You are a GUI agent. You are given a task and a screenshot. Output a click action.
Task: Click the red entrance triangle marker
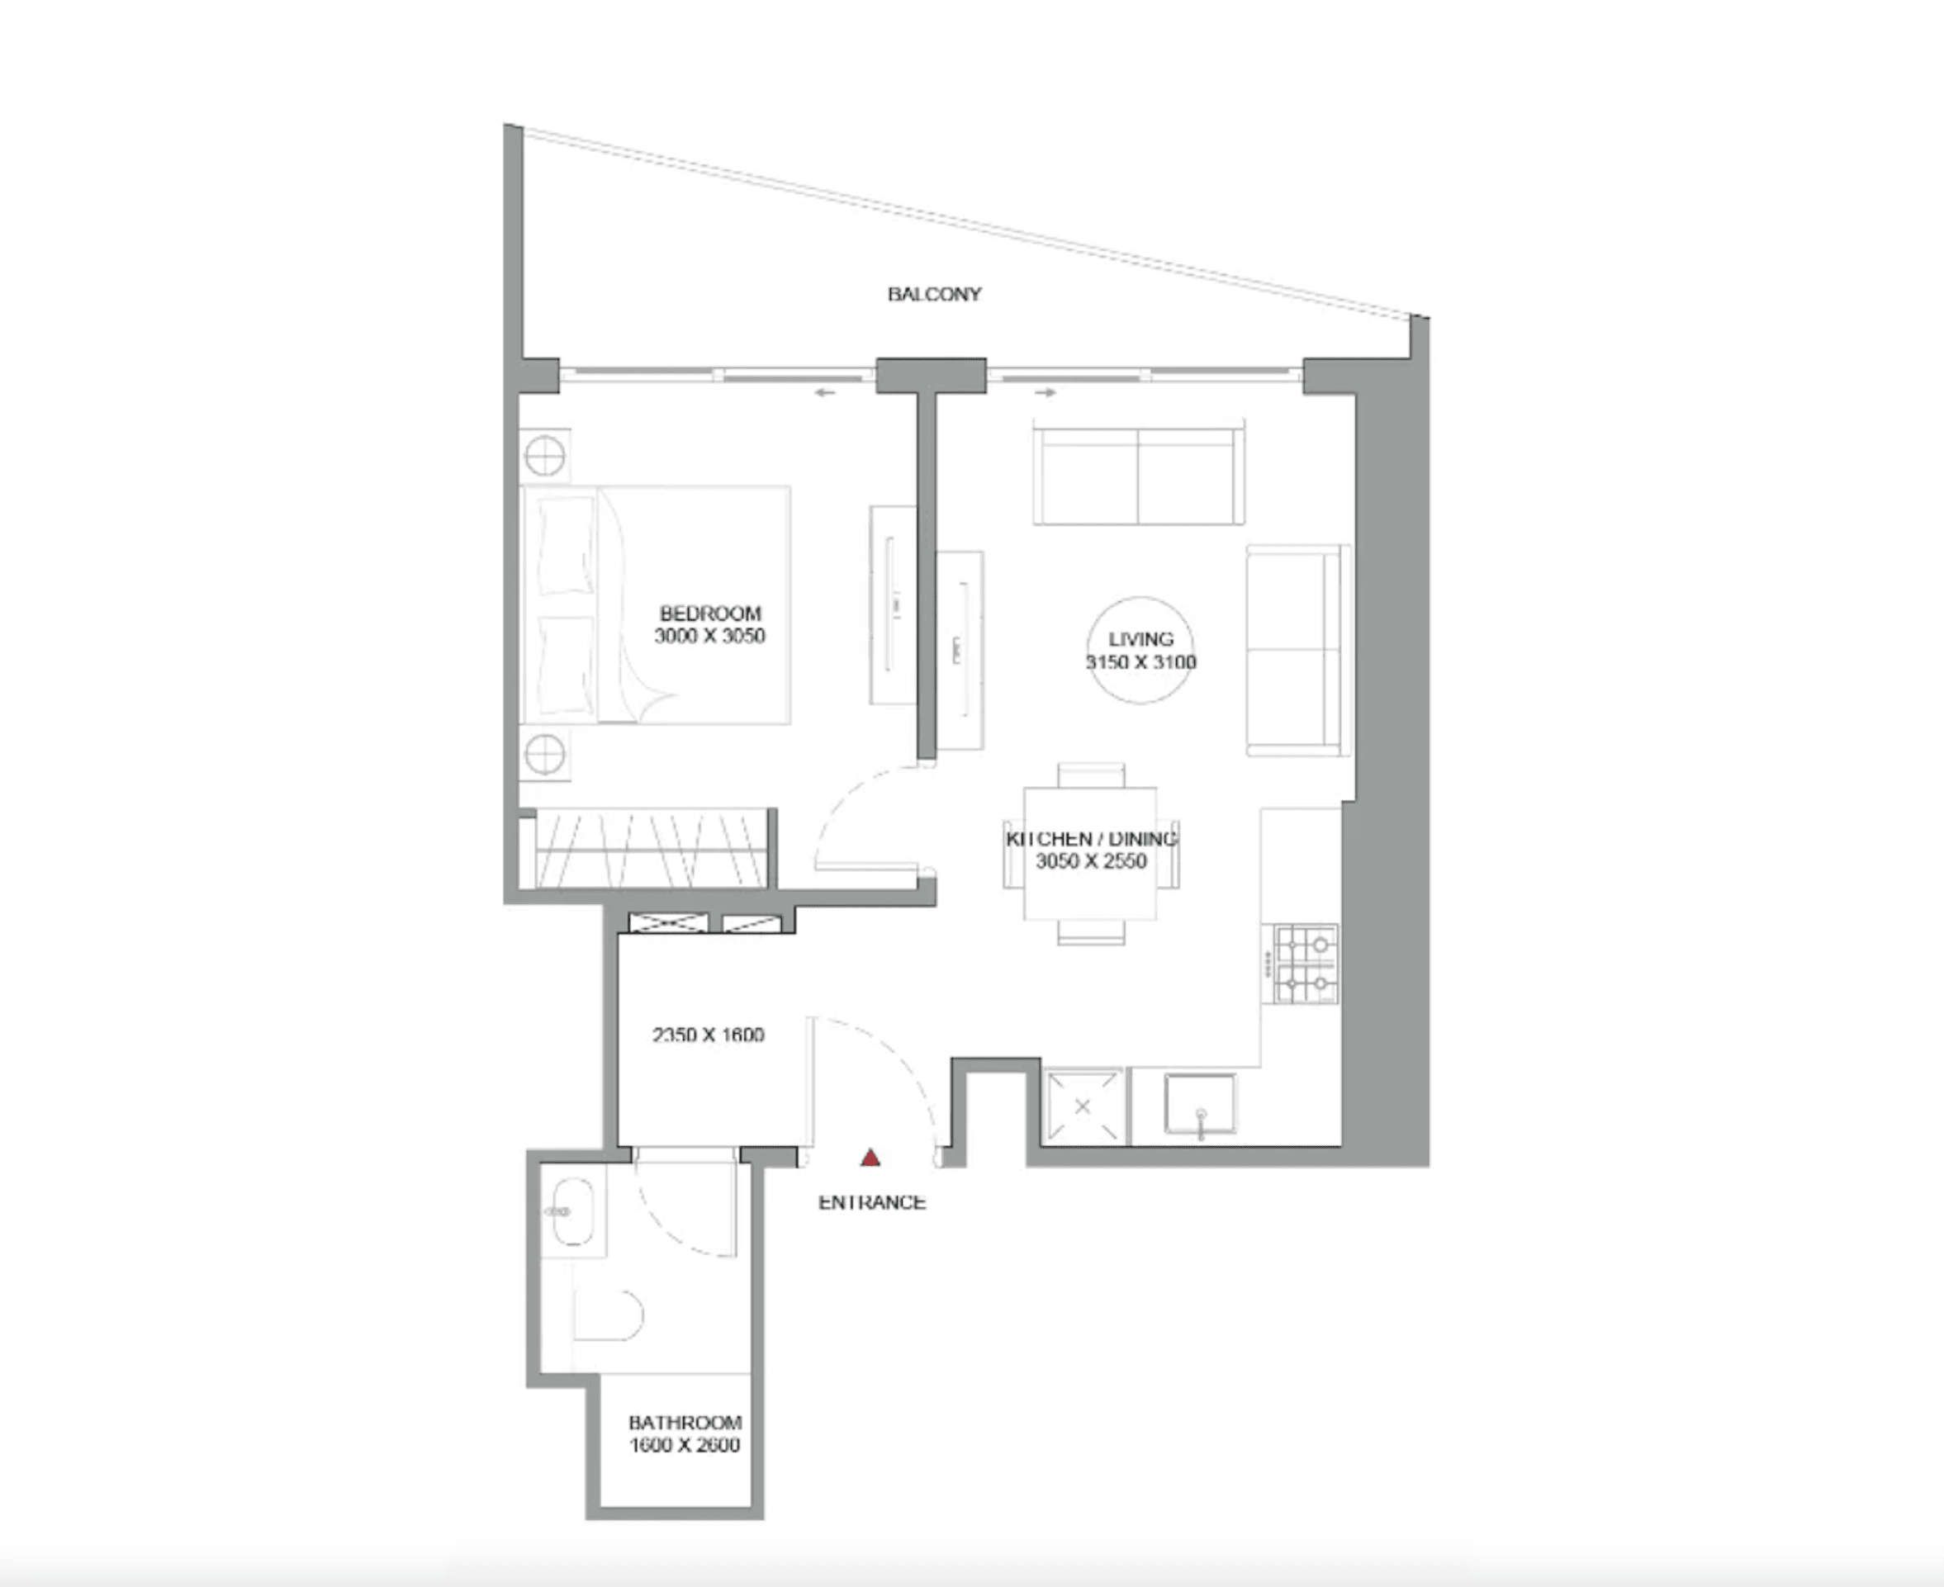(x=870, y=1158)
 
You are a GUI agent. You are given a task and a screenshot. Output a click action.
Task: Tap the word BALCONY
(x=933, y=294)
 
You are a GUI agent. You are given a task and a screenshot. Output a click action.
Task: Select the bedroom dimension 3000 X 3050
(x=709, y=637)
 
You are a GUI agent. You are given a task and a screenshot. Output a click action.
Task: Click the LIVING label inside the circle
(x=1140, y=639)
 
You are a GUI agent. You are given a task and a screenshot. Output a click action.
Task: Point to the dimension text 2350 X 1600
(x=708, y=1035)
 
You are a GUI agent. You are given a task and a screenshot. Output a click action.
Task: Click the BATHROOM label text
(x=684, y=1423)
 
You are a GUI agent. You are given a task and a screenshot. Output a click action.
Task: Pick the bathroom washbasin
(x=573, y=1211)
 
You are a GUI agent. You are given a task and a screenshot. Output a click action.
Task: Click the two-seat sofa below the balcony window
(x=1139, y=476)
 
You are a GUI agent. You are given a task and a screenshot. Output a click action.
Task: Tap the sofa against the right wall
(x=1297, y=650)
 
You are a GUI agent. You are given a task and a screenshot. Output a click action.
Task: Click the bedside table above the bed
(x=545, y=455)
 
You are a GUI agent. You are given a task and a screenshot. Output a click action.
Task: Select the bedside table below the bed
(x=545, y=754)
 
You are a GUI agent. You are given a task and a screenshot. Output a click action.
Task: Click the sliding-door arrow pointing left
(x=825, y=393)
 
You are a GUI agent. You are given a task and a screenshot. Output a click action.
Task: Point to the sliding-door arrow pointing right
(x=1046, y=393)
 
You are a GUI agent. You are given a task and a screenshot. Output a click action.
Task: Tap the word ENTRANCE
(x=871, y=1203)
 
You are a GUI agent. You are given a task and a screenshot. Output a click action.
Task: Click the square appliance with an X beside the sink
(x=1083, y=1106)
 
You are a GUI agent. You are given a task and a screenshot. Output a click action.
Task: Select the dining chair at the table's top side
(x=1091, y=775)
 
